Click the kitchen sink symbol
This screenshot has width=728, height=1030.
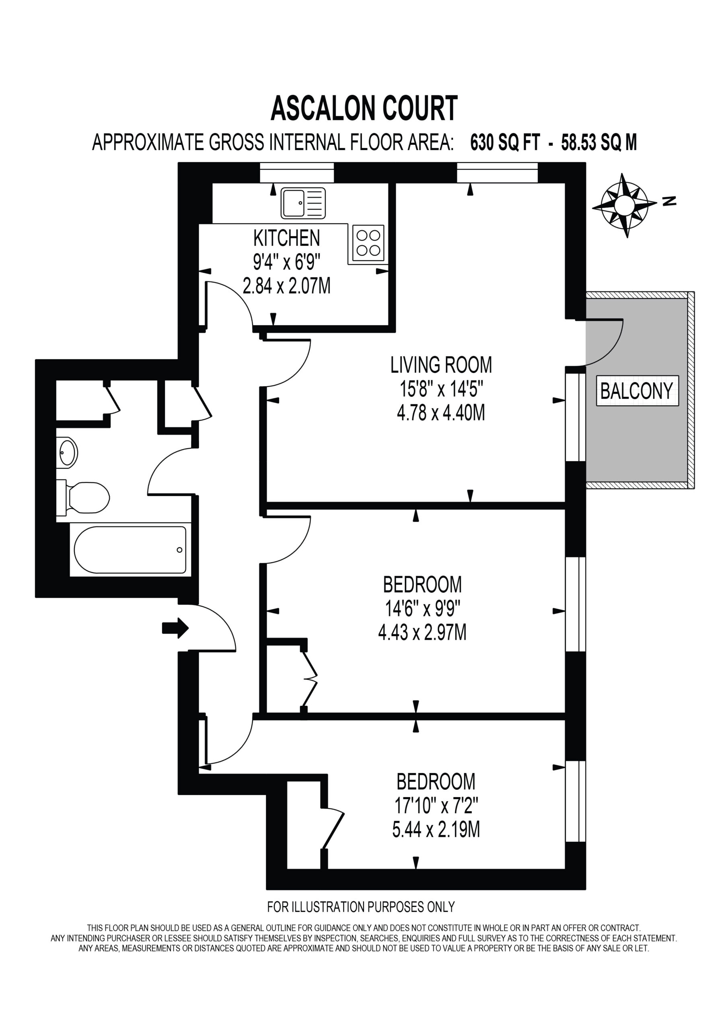coord(303,203)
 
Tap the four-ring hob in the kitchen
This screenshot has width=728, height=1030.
coord(368,243)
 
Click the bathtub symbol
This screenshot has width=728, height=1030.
coord(130,550)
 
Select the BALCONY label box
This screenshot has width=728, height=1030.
coord(637,391)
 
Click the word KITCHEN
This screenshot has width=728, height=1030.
coord(287,238)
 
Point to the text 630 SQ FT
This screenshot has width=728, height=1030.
coord(505,143)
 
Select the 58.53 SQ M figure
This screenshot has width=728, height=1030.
coord(599,143)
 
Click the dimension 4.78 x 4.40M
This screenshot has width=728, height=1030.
coord(441,413)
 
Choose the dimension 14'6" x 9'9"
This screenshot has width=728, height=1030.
coord(423,609)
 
